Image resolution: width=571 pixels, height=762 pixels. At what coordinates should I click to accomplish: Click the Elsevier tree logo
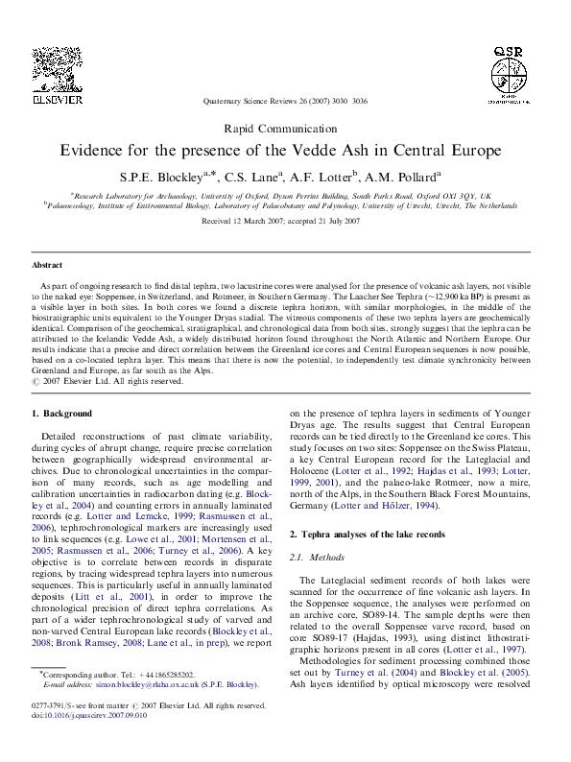pos(59,68)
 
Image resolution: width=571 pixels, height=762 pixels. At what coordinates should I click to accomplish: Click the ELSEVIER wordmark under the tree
pos(59,99)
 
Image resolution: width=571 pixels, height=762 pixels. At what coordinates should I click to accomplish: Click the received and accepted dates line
pos(285,221)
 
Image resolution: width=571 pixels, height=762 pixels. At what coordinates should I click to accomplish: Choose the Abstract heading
pos(47,265)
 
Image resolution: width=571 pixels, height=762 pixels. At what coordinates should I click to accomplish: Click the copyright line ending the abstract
pos(107,381)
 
